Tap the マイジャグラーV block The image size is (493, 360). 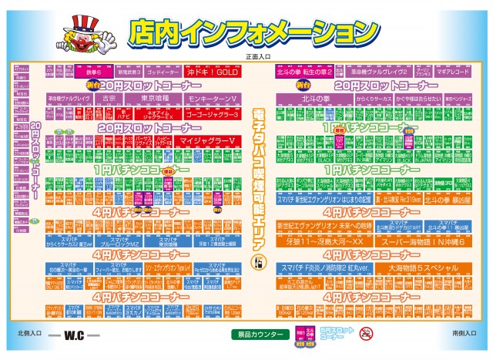206,142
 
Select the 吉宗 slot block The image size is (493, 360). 109,99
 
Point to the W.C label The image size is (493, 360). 74,337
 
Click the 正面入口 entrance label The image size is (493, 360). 257,56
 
